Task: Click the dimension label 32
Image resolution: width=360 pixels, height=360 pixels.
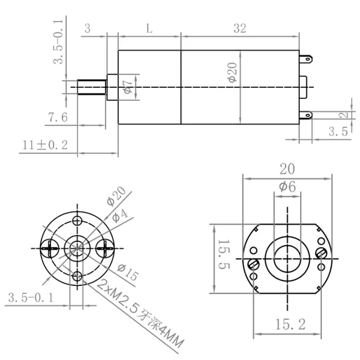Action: click(x=240, y=28)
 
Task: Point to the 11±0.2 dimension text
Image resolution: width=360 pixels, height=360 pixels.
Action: click(x=45, y=145)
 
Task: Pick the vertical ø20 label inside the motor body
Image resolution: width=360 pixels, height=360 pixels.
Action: click(x=232, y=72)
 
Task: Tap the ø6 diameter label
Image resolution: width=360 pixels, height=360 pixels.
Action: click(x=287, y=186)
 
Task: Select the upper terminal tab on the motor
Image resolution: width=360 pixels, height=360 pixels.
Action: click(x=306, y=58)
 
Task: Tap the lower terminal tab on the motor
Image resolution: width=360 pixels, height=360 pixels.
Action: click(x=306, y=116)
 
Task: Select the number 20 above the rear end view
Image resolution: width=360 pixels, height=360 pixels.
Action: click(x=287, y=169)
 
